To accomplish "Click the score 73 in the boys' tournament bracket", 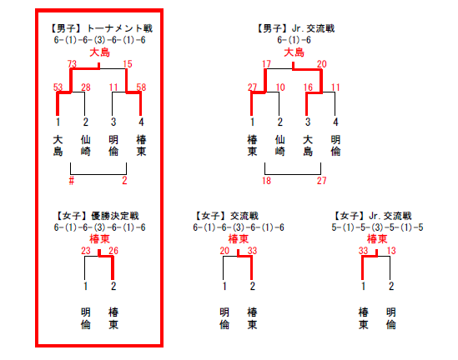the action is [x=72, y=63].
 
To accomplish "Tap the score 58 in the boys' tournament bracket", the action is [x=141, y=87].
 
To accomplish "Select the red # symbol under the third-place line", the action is [x=72, y=181].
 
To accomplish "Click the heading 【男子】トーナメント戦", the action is [x=101, y=28].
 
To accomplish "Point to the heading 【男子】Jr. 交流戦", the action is [x=295, y=28].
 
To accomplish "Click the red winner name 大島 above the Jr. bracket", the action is [x=294, y=52].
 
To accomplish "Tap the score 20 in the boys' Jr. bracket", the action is [x=321, y=63].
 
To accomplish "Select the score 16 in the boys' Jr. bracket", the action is [x=308, y=87].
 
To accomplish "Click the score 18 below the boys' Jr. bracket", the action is [x=266, y=181].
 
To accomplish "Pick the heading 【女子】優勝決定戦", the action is [x=98, y=216].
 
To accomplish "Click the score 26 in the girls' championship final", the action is [x=113, y=250].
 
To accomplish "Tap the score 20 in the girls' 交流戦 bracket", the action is [x=224, y=250].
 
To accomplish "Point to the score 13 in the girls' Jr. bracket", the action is [x=391, y=250].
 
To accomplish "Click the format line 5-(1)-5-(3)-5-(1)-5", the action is [x=377, y=227].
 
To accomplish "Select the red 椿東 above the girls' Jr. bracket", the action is [x=377, y=239].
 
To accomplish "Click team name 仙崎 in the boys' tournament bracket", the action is [x=85, y=146].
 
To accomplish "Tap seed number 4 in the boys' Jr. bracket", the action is [x=335, y=122].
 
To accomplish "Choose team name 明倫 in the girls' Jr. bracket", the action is [x=390, y=318].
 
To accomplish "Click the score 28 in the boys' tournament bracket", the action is [x=86, y=87].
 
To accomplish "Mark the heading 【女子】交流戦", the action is [x=227, y=216].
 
